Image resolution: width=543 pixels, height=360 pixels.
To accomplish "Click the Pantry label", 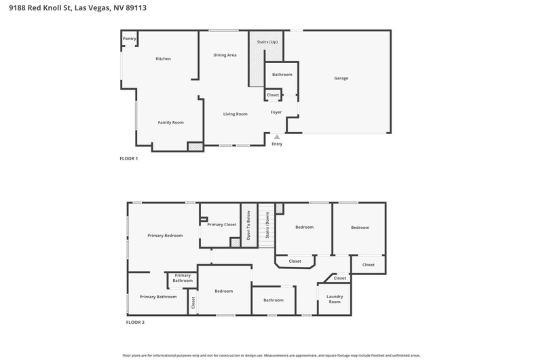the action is (x=130, y=39).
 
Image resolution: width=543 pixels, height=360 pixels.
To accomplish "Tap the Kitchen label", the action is (x=163, y=58).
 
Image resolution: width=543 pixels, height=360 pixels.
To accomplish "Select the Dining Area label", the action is (x=225, y=55).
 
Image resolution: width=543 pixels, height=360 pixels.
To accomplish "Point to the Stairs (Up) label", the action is (x=267, y=42).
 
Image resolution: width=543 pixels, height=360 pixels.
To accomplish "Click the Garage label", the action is (x=341, y=78).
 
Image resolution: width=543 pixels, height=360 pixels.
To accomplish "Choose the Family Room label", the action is (x=171, y=122).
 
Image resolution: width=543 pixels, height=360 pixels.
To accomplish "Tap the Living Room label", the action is (x=235, y=114).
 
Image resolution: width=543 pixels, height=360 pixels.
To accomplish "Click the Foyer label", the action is (x=276, y=112).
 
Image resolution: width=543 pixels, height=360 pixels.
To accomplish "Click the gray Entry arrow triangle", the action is (x=277, y=137).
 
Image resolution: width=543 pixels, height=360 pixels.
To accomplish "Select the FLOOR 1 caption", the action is (x=129, y=159).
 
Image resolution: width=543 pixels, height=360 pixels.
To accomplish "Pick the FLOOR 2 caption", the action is (x=135, y=322).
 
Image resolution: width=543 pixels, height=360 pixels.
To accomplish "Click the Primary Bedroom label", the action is (x=165, y=236).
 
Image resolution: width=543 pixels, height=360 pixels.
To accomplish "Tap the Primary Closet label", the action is (x=222, y=225).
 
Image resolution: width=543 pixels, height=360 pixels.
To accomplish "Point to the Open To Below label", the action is (x=248, y=226).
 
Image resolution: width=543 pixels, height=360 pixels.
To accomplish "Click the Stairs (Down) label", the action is (x=267, y=225).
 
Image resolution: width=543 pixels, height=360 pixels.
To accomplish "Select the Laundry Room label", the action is (x=335, y=299).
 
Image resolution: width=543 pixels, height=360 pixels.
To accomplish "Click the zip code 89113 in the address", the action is (x=136, y=7).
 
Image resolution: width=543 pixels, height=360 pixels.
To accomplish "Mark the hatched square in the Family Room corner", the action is (x=195, y=147).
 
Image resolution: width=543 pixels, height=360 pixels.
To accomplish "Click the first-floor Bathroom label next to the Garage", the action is (x=282, y=75).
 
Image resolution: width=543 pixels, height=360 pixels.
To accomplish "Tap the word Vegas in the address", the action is (x=99, y=8).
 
